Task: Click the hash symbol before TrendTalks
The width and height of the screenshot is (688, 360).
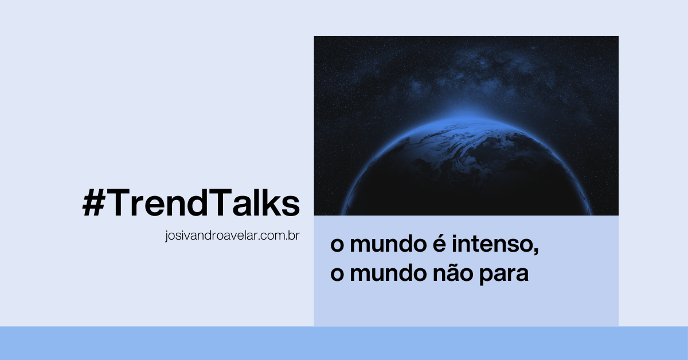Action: pos(94,202)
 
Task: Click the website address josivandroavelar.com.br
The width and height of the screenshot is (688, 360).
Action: pos(232,236)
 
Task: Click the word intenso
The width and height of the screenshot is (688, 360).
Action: pos(493,245)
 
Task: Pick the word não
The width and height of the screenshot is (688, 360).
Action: pos(453,273)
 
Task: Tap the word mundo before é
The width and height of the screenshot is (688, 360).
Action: pos(388,244)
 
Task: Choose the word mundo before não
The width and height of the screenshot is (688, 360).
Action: pos(388,273)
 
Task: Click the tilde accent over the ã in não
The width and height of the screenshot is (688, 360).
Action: pos(453,265)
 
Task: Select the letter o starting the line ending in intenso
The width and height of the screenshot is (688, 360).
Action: pos(337,246)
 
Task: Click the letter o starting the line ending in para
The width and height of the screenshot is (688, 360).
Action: pos(337,275)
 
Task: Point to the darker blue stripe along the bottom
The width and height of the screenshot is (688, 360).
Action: pos(344,343)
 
